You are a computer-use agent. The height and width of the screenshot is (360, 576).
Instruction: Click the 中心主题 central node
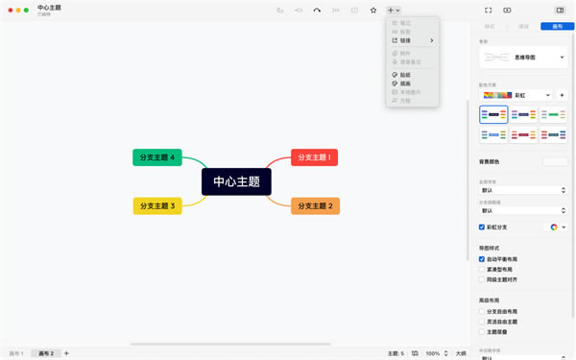236,181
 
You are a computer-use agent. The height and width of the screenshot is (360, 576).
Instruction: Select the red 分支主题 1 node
314,157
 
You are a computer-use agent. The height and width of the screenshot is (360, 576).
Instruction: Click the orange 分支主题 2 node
315,205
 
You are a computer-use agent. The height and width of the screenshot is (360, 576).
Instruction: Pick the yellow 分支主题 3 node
157,205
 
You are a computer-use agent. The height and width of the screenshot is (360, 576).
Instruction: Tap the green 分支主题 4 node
157,157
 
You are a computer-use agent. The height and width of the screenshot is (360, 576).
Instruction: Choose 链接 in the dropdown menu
405,40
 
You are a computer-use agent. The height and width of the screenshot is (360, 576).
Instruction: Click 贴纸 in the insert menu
405,75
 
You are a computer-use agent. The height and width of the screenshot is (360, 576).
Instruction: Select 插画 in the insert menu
405,84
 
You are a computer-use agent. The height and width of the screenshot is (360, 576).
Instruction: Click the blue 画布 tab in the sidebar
557,27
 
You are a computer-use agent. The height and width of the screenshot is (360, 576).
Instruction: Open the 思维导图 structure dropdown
524,58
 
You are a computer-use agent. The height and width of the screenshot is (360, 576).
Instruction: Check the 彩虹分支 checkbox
482,228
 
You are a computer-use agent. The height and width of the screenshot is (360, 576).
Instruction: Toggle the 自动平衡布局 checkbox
482,259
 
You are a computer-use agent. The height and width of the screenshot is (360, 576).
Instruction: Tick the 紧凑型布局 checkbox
482,270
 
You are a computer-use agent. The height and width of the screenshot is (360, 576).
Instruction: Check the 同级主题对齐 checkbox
482,279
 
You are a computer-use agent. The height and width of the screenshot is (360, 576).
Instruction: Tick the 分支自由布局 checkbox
482,312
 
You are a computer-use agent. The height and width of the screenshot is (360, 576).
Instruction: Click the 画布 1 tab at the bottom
16,353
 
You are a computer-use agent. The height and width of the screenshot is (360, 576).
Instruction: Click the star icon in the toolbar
373,11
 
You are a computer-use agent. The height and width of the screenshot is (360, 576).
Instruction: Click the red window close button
11,11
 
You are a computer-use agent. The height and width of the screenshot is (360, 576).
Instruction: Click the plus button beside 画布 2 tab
66,353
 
